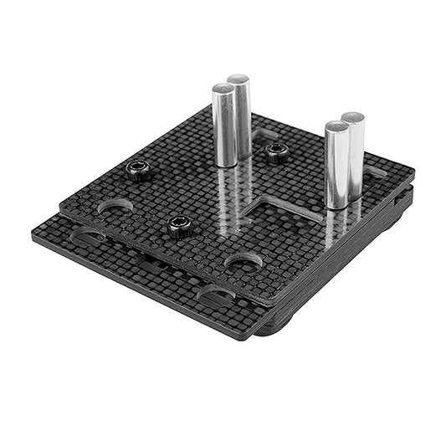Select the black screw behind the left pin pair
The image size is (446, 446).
275,151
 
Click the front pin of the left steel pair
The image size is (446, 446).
223,126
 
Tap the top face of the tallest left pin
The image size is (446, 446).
238,79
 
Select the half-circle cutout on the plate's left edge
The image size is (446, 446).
115,206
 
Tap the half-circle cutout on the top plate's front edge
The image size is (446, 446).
244,264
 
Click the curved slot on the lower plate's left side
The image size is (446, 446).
88,239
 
